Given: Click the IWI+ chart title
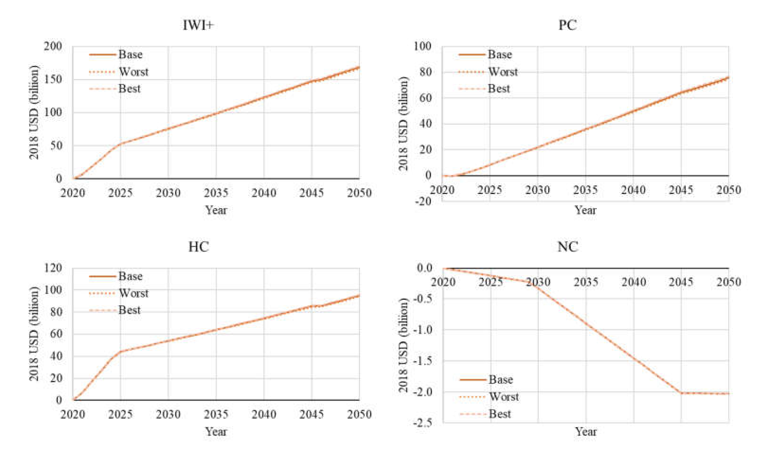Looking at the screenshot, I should pos(198,25).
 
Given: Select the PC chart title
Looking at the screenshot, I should pos(567,25).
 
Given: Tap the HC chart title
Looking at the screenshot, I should pos(199,247).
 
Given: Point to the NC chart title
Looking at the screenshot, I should pos(568,247).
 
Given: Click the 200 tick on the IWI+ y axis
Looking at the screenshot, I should pos(53,46).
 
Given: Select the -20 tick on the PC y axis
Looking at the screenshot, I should pos(423,202).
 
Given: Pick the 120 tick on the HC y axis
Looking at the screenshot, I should pos(53,268).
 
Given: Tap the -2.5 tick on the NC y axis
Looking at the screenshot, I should pos(423,423).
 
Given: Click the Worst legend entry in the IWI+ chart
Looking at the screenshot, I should pos(133,72).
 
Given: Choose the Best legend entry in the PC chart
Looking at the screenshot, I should pos(499,89).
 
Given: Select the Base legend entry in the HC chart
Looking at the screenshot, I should pos(130,276).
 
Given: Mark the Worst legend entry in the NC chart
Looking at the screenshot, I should pos(504,397).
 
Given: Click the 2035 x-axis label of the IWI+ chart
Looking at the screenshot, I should pos(216,193).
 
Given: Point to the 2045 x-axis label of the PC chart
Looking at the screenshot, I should pos(681,190).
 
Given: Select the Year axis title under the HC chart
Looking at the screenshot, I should pos(216,432).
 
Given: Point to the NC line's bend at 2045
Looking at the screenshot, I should pos(681,393).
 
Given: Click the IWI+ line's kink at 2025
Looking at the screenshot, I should pos(120,144).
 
